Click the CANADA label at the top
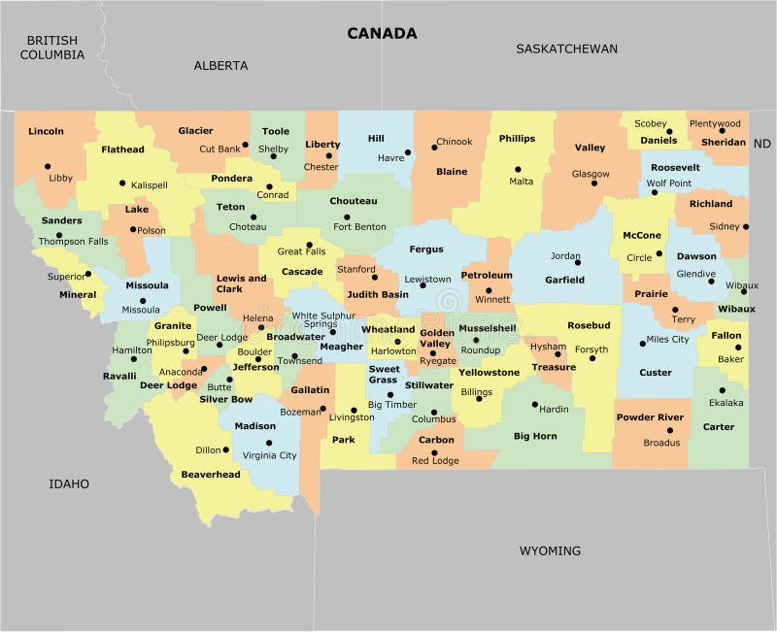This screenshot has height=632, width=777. [x=383, y=33]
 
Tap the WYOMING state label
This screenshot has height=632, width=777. [x=550, y=550]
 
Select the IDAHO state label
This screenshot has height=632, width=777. [x=69, y=483]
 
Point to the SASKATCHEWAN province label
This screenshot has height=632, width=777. [x=566, y=49]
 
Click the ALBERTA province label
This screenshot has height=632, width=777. [x=220, y=65]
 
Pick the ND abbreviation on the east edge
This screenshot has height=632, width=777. [x=762, y=143]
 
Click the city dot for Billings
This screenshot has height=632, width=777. [x=479, y=398]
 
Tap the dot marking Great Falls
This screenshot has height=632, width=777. [x=309, y=246]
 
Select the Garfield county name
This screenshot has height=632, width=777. [x=564, y=280]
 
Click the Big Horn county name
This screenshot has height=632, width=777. [x=535, y=437]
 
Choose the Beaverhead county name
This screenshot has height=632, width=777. [x=211, y=475]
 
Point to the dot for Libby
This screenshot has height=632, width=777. [x=47, y=166]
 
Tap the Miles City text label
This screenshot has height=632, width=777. [x=667, y=340]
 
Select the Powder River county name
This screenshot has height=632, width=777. [x=650, y=417]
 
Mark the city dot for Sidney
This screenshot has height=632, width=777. [x=745, y=226]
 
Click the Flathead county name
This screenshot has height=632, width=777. [x=122, y=150]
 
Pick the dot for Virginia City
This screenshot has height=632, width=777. [x=269, y=443]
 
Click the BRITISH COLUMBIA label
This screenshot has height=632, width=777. [x=52, y=48]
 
